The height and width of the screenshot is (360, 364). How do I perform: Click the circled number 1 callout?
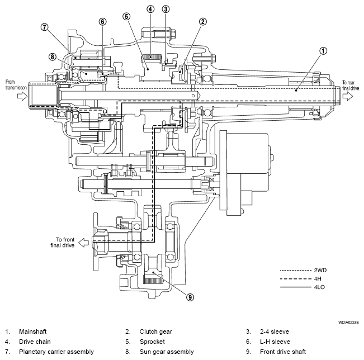(x=323, y=51)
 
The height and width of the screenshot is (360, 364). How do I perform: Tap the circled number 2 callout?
(x=202, y=22)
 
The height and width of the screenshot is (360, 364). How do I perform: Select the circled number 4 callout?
(x=150, y=9)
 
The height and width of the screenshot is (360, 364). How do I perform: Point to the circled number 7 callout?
(x=44, y=27)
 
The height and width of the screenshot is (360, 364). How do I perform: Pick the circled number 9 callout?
(x=190, y=297)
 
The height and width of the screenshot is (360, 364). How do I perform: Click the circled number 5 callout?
(x=126, y=16)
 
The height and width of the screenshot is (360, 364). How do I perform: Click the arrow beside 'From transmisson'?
(x=22, y=96)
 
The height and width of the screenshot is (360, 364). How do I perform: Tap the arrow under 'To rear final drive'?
(x=348, y=96)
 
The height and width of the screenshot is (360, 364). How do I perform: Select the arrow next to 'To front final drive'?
(x=83, y=243)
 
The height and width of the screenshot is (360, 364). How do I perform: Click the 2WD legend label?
(x=320, y=270)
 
